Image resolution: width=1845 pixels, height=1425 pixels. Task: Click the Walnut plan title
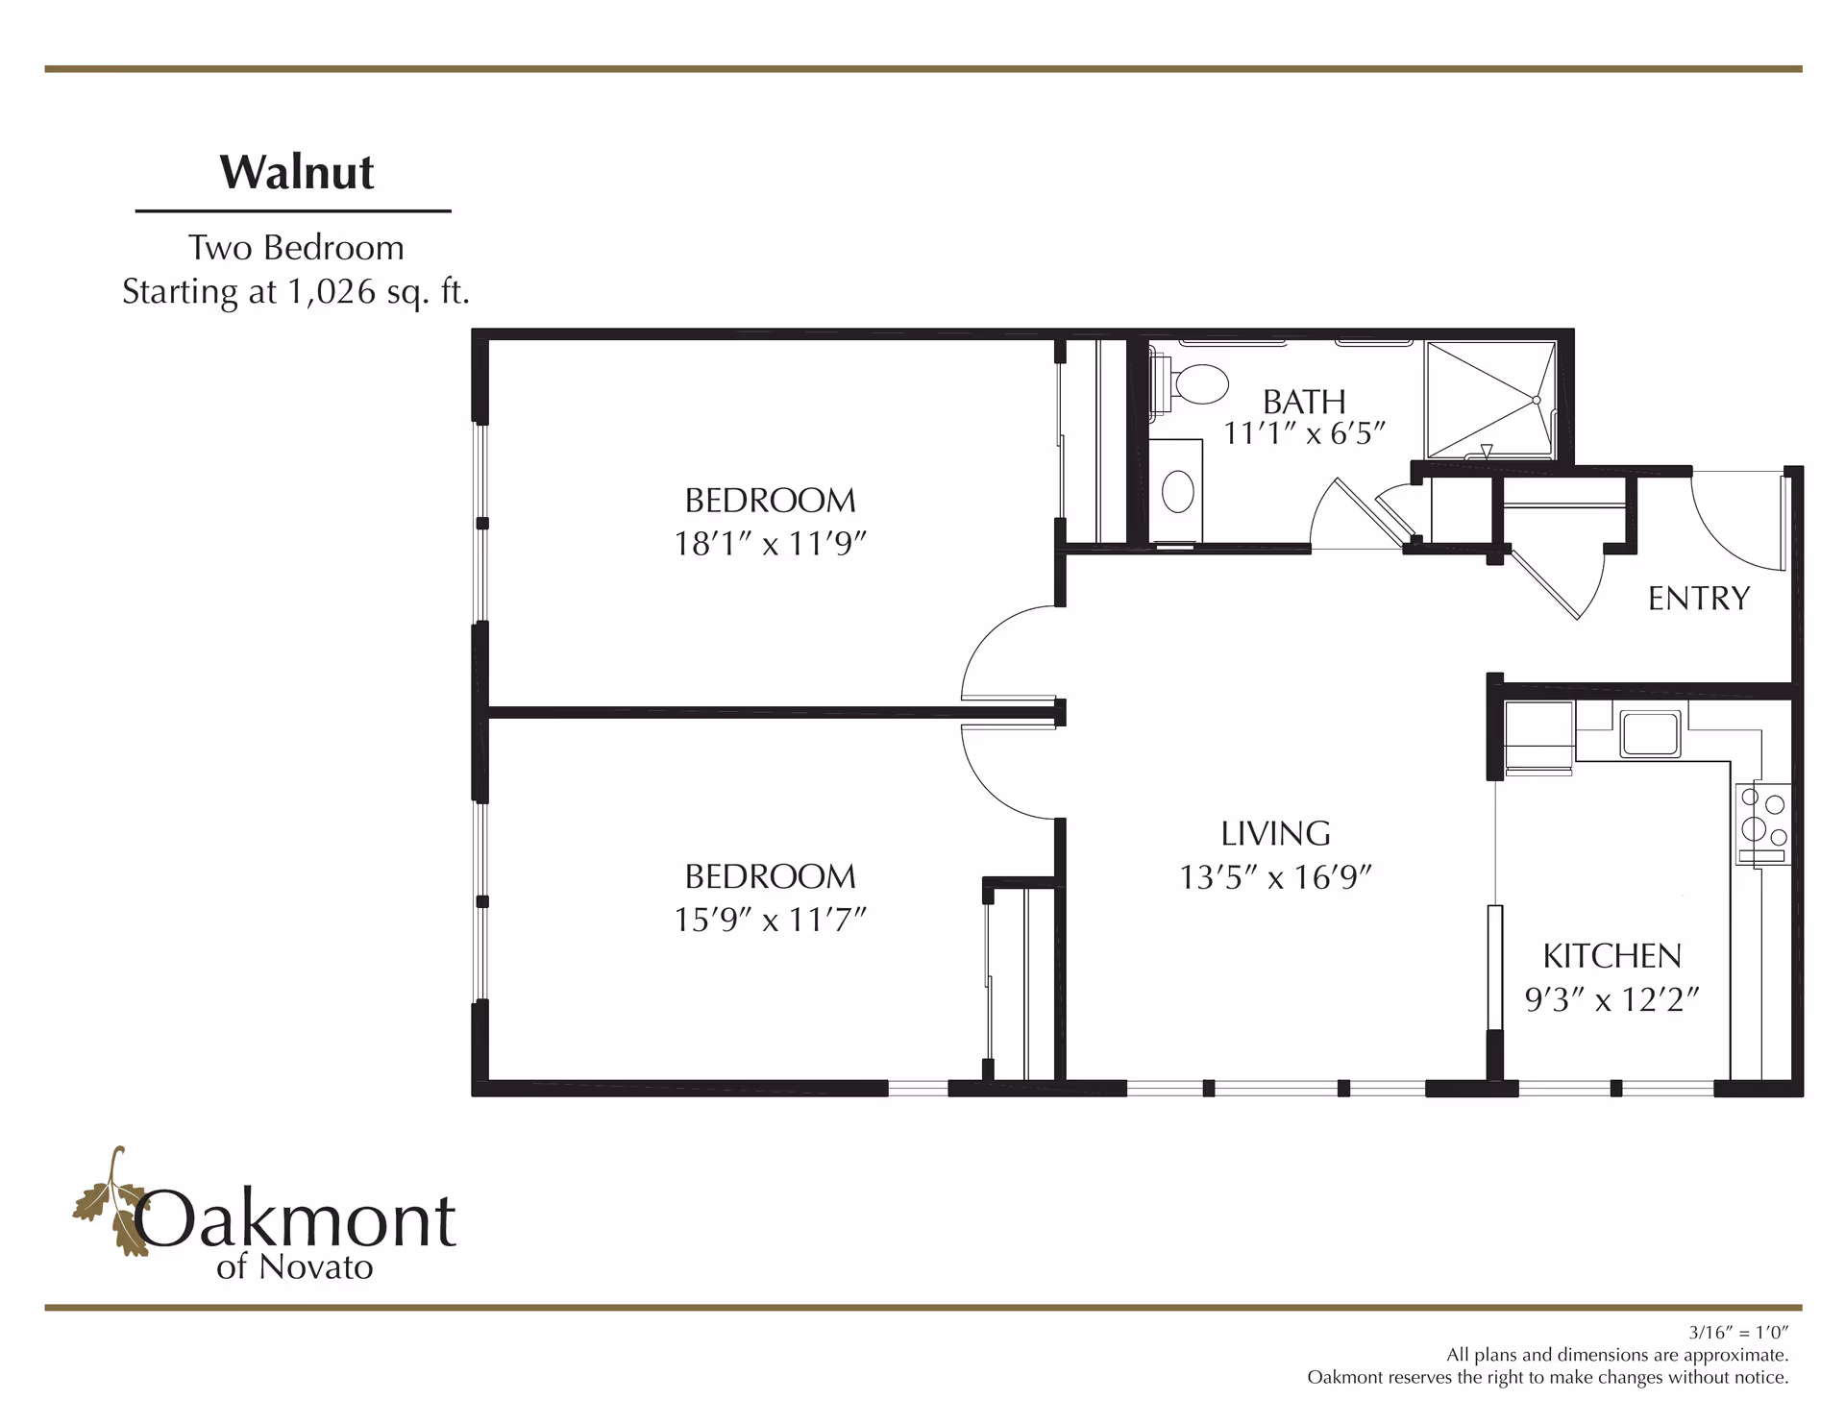coord(297,173)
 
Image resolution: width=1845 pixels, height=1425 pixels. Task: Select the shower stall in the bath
coord(1490,399)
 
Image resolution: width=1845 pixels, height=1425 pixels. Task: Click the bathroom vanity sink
coord(1178,492)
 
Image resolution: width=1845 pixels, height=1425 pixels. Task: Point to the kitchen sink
coord(1650,734)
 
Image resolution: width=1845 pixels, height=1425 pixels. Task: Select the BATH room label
coord(1304,402)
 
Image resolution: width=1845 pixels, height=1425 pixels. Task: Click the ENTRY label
coord(1698,599)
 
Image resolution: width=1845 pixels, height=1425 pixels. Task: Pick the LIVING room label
coord(1275,833)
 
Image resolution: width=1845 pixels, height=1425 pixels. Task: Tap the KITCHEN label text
coord(1611,956)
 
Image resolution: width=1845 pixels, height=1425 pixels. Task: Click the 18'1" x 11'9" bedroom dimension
coord(770,544)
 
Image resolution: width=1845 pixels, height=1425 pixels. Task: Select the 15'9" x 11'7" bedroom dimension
coord(770,920)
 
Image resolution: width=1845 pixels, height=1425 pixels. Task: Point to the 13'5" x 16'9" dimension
coord(1275,877)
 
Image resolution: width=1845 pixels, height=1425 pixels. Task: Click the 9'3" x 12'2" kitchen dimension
coord(1611,1000)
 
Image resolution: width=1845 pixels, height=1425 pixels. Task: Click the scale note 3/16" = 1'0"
coord(1738,1333)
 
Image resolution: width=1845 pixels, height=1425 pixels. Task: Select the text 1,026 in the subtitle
coord(332,291)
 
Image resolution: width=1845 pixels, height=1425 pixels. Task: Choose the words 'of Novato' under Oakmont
coord(294,1267)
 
